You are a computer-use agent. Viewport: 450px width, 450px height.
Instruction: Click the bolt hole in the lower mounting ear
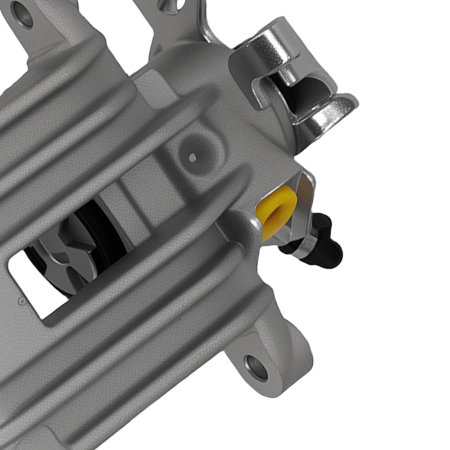pyautogui.click(x=256, y=367)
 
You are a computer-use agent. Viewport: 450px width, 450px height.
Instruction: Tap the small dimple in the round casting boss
pyautogui.click(x=193, y=157)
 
